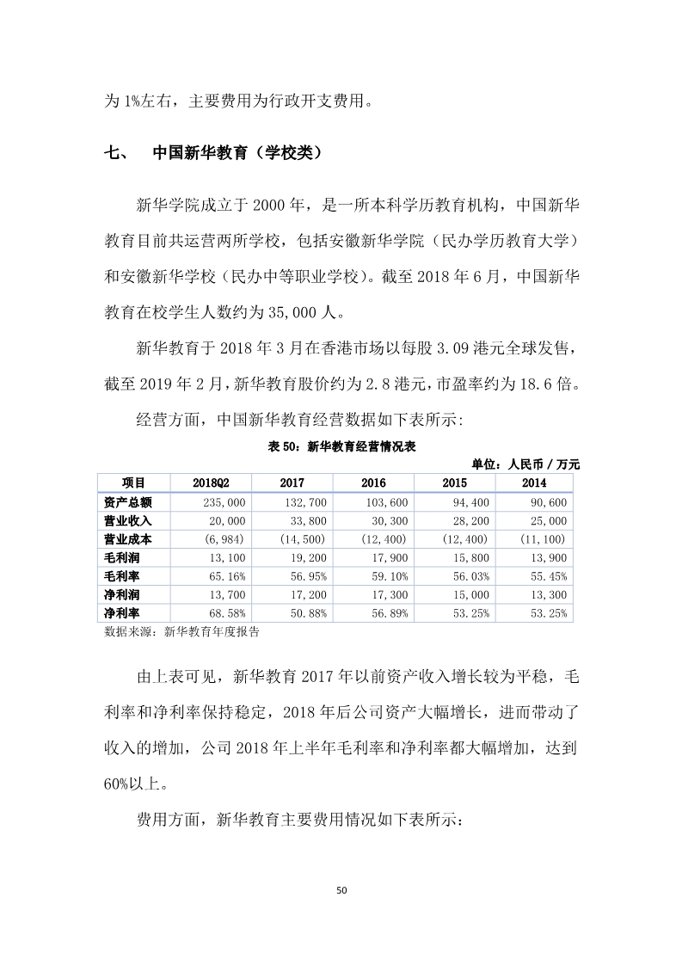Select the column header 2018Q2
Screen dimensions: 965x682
(210, 483)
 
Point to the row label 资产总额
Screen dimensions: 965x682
(127, 501)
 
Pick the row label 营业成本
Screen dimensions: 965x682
(127, 539)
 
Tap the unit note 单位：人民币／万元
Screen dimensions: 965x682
(525, 464)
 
